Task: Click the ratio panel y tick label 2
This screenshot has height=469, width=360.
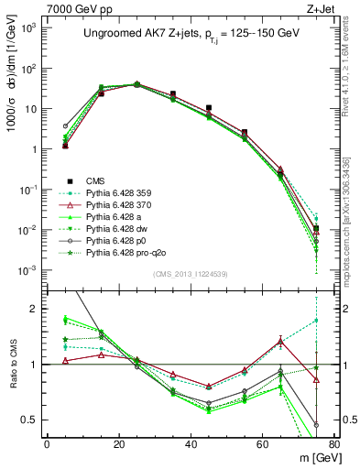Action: click(x=34, y=309)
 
